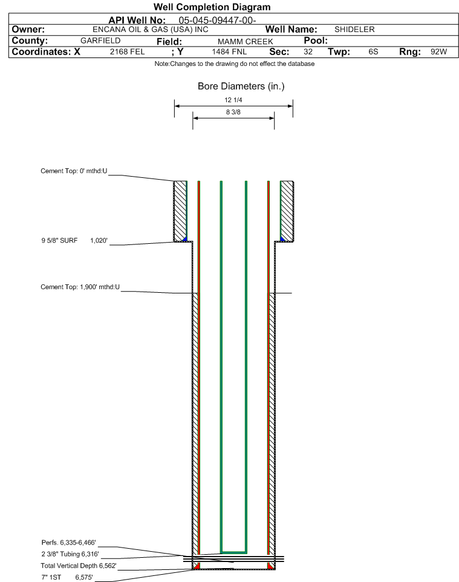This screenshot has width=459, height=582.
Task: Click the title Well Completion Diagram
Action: click(x=212, y=7)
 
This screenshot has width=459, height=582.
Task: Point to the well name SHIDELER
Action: click(x=354, y=30)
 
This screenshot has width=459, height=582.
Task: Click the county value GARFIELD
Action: click(x=100, y=41)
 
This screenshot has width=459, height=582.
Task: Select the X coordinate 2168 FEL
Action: click(x=127, y=52)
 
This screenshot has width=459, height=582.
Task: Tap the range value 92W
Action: click(x=438, y=52)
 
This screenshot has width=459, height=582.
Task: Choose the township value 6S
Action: click(x=373, y=52)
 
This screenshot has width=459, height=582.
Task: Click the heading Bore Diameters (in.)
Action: click(x=241, y=87)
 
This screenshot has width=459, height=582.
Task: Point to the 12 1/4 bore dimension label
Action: click(x=233, y=100)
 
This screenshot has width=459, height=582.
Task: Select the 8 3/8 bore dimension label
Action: click(x=233, y=112)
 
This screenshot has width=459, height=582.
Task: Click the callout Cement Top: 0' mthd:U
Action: click(x=74, y=172)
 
